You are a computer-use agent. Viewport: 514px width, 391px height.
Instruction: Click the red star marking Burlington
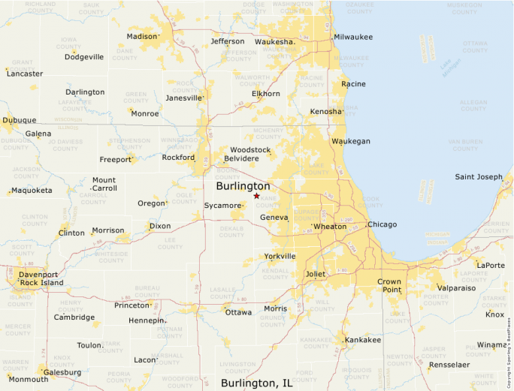pos(256,196)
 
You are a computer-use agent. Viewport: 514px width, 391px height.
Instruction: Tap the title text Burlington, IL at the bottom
pos(257,383)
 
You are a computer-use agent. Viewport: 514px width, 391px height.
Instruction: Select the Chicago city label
pos(382,224)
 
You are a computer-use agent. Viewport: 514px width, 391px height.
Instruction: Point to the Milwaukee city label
pos(353,36)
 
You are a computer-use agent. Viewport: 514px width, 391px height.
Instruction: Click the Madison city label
pos(141,36)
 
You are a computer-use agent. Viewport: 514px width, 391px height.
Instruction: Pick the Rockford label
pos(178,158)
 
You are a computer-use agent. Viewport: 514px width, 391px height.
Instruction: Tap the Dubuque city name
pos(20,120)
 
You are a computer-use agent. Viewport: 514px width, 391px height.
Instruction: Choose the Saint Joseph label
pos(479,177)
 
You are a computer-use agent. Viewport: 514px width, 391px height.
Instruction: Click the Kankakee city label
pos(363,340)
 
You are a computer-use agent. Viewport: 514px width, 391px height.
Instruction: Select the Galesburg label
pos(62,372)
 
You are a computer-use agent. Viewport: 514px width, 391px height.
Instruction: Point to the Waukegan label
pos(351,141)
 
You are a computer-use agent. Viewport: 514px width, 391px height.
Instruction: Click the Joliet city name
pos(316,274)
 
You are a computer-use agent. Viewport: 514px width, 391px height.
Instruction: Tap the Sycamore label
pos(222,205)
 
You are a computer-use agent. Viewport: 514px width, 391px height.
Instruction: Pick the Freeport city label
pos(115,159)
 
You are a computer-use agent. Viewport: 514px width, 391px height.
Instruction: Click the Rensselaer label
pos(454,365)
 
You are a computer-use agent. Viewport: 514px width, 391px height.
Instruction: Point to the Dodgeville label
pos(84,57)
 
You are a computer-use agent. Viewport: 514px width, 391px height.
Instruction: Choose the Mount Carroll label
pos(104,184)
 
